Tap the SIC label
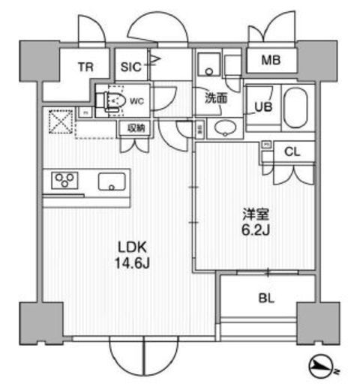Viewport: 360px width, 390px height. (130, 66)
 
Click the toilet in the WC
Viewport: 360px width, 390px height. (112, 101)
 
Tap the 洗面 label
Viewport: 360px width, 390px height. (217, 97)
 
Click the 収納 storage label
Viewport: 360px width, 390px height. (136, 128)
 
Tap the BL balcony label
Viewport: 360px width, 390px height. (266, 298)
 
